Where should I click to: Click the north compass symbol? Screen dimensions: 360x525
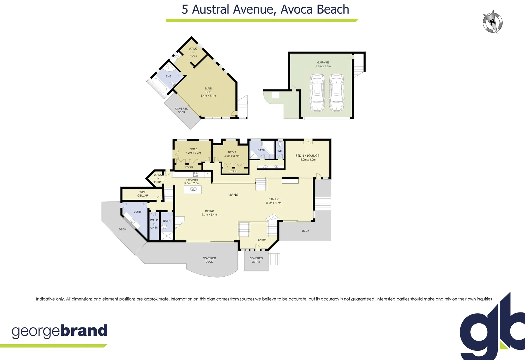(x=493, y=22)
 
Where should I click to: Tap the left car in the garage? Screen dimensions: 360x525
(x=317, y=92)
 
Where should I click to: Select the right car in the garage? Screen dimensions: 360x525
(x=337, y=92)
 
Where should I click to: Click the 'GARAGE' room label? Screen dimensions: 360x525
(x=323, y=62)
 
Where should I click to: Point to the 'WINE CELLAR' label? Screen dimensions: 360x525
(x=143, y=194)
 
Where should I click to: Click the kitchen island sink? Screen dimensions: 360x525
(x=193, y=189)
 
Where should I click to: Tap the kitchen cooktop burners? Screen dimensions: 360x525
(x=196, y=174)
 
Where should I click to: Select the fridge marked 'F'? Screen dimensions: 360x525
(x=207, y=174)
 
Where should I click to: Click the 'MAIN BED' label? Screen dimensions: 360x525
(x=208, y=90)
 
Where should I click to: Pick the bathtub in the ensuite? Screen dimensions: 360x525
(x=158, y=86)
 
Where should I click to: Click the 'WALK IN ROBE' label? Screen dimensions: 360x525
(x=193, y=52)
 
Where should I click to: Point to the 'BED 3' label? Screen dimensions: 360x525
(x=193, y=149)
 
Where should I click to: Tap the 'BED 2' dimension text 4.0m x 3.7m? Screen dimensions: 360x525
(x=232, y=156)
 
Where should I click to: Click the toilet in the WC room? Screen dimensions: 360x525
(x=280, y=144)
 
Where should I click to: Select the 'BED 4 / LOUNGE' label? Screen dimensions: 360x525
(x=307, y=156)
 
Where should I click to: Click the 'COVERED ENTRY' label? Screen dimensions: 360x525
(x=256, y=260)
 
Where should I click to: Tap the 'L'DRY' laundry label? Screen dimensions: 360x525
(x=138, y=212)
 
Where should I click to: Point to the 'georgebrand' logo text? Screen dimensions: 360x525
(x=60, y=331)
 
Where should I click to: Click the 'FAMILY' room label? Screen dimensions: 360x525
(x=273, y=199)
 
